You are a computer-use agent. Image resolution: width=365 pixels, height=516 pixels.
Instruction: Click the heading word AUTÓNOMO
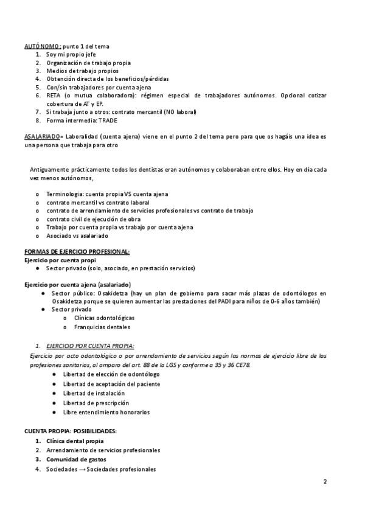(42, 46)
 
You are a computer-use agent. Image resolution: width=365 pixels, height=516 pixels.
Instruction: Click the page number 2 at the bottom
(325, 482)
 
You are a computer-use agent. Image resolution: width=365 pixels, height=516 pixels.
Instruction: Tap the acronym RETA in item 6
(54, 96)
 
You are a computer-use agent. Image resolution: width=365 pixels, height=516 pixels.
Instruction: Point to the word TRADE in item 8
(108, 120)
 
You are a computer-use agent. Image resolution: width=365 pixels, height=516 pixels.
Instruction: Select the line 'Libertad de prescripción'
(96, 403)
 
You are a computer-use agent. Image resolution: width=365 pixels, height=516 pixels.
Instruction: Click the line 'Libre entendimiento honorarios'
(106, 412)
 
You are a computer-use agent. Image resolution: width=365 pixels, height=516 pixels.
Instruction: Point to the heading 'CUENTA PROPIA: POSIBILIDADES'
(70, 431)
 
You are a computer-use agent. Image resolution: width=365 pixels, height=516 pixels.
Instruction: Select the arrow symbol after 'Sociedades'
(81, 469)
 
